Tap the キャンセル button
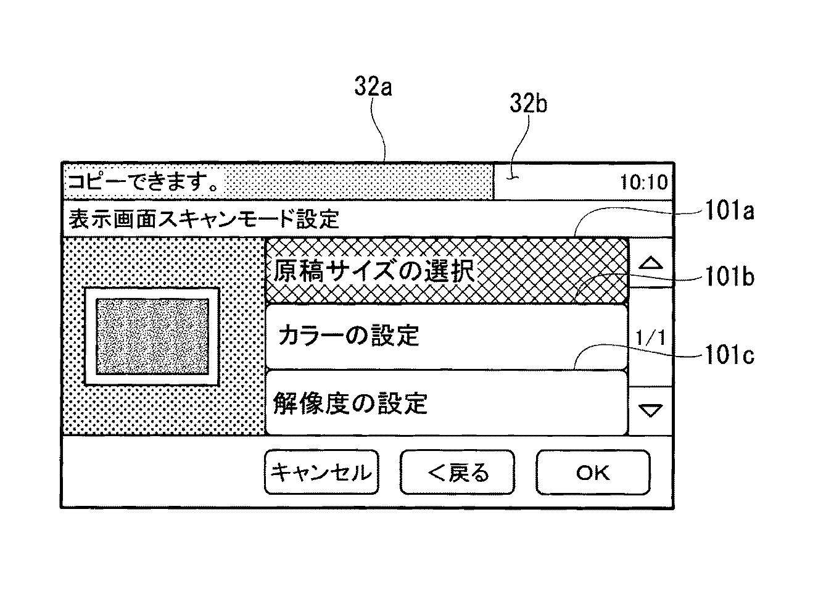point(321,472)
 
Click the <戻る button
point(457,472)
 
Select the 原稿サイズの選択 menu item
point(447,271)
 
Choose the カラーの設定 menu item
point(447,336)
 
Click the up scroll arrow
point(651,263)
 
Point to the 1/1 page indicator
point(651,338)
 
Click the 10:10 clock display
point(643,183)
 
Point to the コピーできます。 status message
point(145,182)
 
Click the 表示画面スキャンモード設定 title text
point(204,218)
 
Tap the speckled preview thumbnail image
point(152,337)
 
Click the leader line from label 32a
point(381,130)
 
